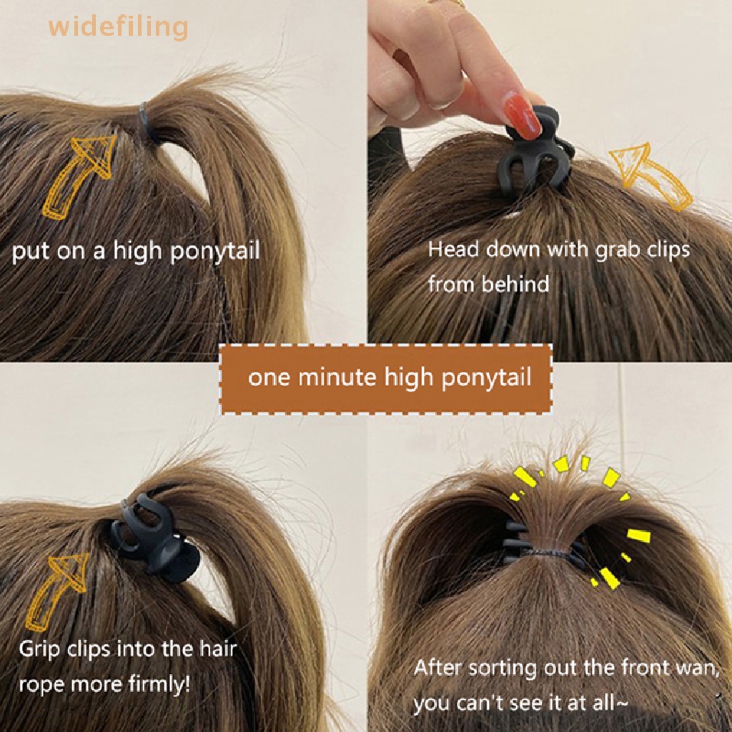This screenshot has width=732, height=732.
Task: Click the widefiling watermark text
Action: [x=118, y=26]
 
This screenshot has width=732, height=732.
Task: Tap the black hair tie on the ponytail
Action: [x=148, y=122]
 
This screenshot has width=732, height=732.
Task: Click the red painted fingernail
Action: [x=521, y=115]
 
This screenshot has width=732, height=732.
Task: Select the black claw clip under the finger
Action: [x=536, y=152]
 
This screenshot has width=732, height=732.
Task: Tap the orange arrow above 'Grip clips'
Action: [x=55, y=592]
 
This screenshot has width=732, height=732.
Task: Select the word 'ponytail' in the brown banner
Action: [x=486, y=378]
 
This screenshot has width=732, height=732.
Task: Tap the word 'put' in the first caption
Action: [x=30, y=252]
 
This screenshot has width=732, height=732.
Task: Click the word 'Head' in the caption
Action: [x=453, y=249]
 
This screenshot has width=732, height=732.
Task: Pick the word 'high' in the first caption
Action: [x=139, y=252]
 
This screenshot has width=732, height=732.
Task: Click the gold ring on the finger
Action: [x=447, y=3]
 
